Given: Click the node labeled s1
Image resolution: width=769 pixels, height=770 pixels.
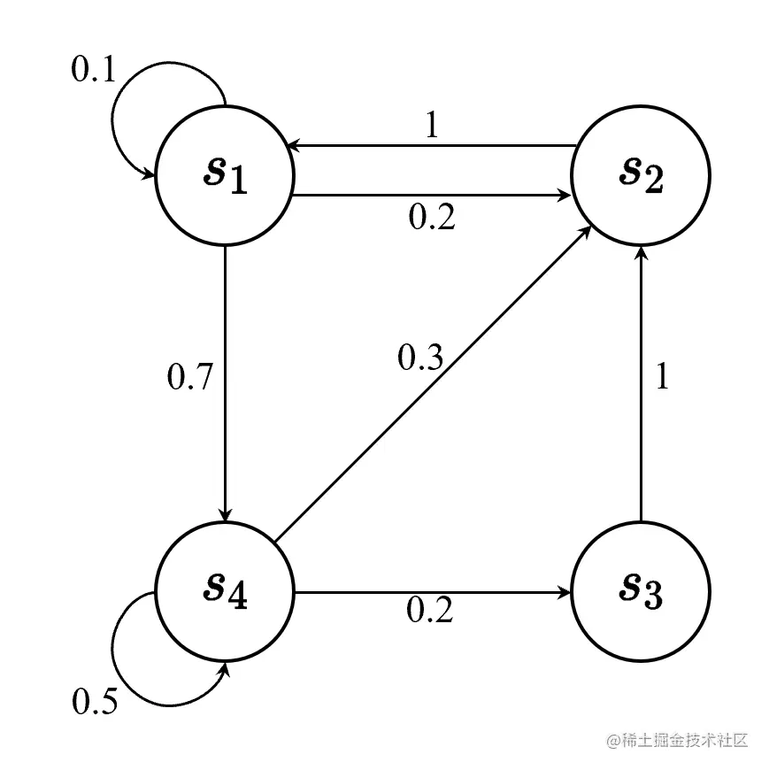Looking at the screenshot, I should point(225,178).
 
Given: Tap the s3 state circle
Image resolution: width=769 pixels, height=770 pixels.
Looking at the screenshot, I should point(641,592).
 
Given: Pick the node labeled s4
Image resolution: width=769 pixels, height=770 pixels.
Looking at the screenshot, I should point(225,592).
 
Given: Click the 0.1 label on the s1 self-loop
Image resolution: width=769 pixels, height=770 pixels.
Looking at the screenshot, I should point(93,70).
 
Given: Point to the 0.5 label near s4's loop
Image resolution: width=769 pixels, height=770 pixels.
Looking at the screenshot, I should point(94,702).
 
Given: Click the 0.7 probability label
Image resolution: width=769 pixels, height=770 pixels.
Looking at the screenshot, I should point(190,378).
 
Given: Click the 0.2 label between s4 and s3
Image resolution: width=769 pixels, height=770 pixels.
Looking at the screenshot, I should point(430,610).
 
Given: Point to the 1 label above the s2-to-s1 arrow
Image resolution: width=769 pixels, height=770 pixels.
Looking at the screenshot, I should point(432,127).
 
